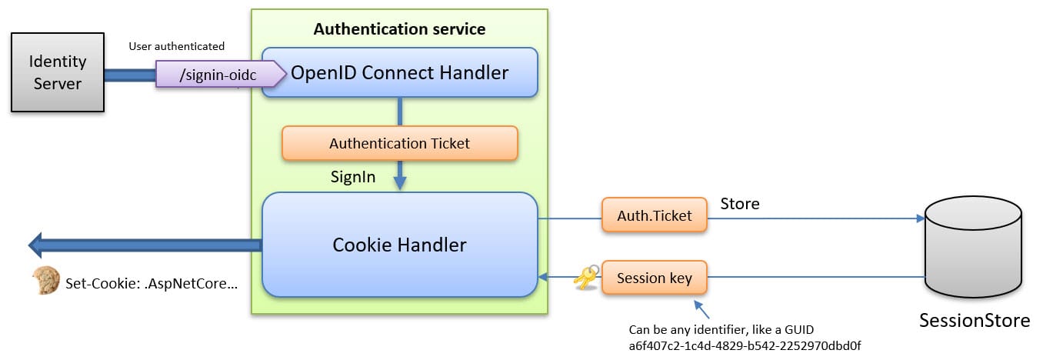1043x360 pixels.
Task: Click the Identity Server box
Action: [x=58, y=72]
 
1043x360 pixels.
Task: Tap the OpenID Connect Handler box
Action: [x=399, y=72]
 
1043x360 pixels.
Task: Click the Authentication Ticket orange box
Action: [x=399, y=143]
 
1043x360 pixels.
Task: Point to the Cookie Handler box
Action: [x=399, y=245]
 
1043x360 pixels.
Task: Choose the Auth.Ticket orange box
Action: [x=654, y=217]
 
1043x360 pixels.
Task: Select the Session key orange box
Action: [x=654, y=277]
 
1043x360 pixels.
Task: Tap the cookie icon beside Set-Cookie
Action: [x=45, y=282]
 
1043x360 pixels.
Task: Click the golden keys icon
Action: [x=585, y=278]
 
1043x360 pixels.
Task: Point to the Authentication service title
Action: [x=399, y=29]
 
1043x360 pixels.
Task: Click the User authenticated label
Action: [x=177, y=47]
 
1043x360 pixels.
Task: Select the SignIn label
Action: [x=353, y=177]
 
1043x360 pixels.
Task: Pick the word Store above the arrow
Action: [x=739, y=204]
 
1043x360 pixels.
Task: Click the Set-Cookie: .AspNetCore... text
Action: [x=152, y=282]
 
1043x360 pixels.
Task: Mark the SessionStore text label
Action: [x=974, y=321]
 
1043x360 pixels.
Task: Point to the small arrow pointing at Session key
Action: [x=701, y=309]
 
